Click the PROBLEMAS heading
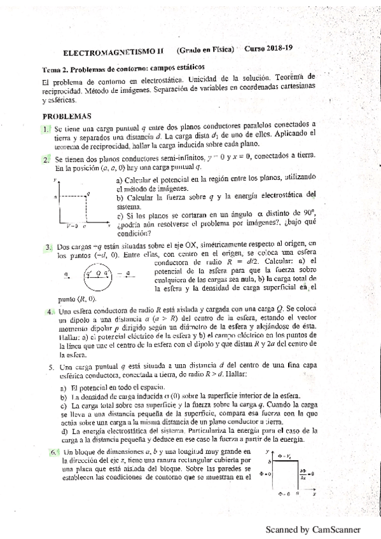point(67,116)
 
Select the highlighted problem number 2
point(46,160)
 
